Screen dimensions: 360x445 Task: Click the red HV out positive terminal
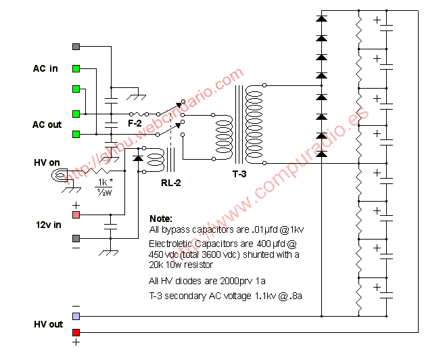pyautogui.click(x=76, y=332)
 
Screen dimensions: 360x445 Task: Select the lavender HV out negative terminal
pyautogui.click(x=76, y=316)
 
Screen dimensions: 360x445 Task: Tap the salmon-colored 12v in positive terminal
pyautogui.click(x=76, y=215)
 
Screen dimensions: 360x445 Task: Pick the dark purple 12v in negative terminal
pyautogui.click(x=76, y=238)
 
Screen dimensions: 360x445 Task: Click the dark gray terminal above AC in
pyautogui.click(x=76, y=47)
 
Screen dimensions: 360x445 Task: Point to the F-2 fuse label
pyautogui.click(x=135, y=124)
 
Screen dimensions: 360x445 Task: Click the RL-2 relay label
pyautogui.click(x=170, y=182)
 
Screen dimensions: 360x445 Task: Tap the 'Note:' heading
pyautogui.click(x=161, y=219)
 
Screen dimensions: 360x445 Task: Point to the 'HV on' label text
pyautogui.click(x=47, y=163)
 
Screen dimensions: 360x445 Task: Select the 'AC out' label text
pyautogui.click(x=47, y=125)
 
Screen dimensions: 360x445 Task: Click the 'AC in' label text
pyautogui.click(x=45, y=68)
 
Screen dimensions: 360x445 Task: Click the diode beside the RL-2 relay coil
pyautogui.click(x=139, y=160)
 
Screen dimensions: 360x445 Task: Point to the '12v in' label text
pyautogui.click(x=46, y=224)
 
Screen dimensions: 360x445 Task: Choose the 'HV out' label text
pyautogui.click(x=48, y=324)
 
